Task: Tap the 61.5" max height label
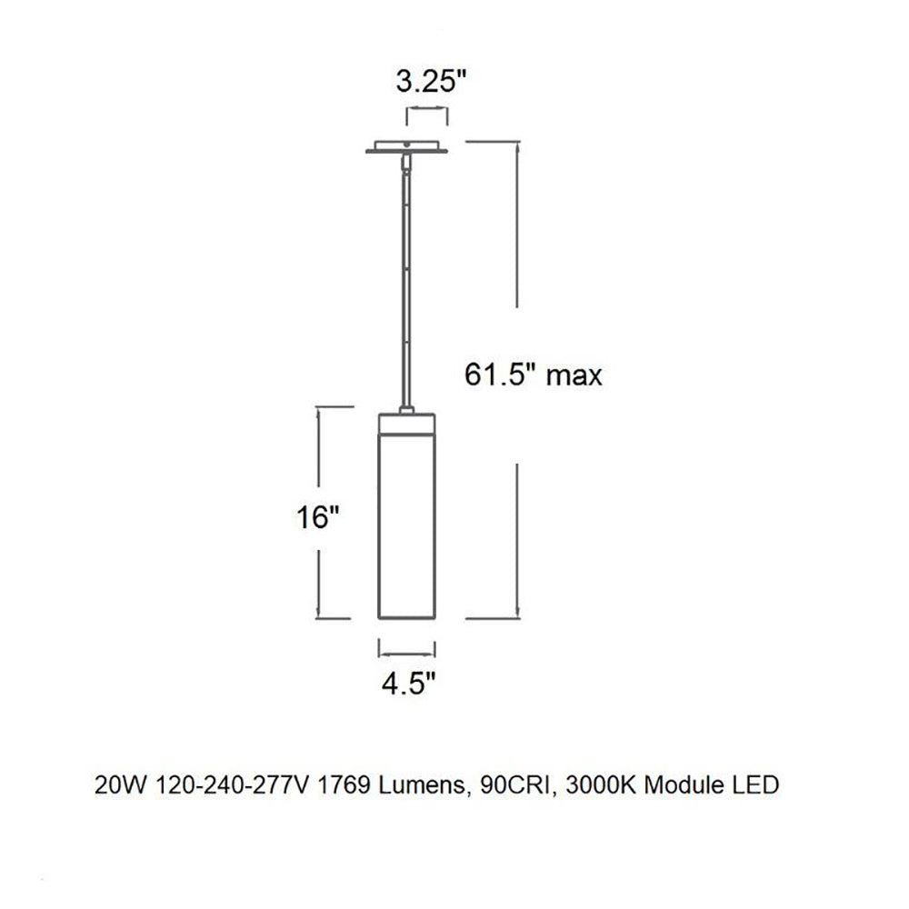pos(533,374)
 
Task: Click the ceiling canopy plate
pos(407,147)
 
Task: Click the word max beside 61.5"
pos(574,375)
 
